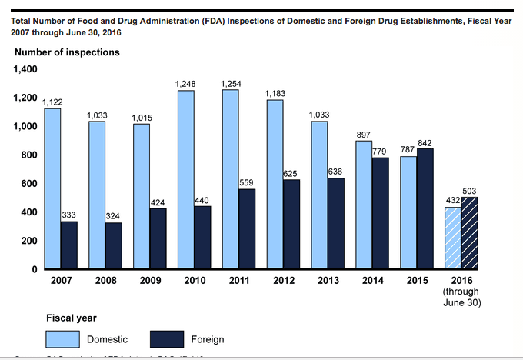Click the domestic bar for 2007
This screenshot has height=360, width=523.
[x=52, y=188]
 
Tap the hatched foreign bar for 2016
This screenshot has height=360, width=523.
[x=470, y=233]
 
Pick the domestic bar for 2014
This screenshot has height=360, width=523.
[x=364, y=205]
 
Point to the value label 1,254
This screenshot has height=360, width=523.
[x=230, y=83]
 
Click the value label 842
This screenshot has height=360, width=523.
[x=426, y=142]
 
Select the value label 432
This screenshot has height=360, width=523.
[x=452, y=200]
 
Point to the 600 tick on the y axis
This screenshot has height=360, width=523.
[x=28, y=184]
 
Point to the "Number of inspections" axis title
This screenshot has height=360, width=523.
[x=66, y=52]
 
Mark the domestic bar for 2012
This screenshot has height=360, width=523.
[x=275, y=184]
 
